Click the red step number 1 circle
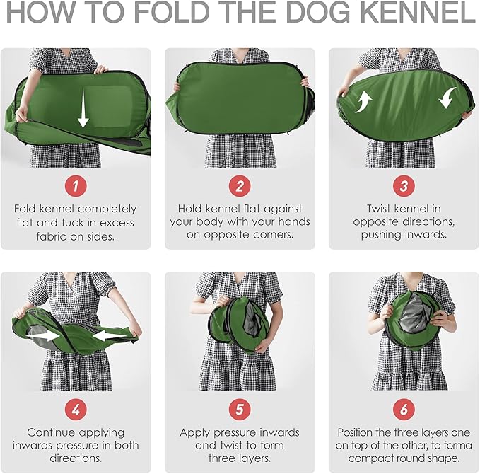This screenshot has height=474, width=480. pos(76,186)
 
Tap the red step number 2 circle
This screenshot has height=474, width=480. pos(240,186)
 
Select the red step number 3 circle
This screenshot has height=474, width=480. pos(404,186)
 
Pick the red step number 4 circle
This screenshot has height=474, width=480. pos(76,410)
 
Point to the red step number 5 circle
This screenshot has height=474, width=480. pos(240,410)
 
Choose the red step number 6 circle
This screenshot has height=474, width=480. pos(404,410)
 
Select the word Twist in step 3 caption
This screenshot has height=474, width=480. pos(380,209)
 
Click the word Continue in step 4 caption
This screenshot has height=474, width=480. pos(51,432)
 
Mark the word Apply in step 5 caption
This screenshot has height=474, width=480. pos(195,432)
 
